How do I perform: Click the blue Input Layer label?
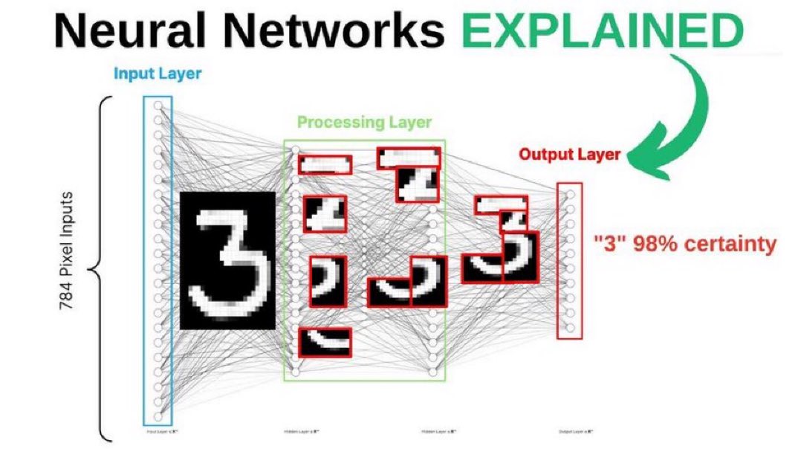(x=158, y=74)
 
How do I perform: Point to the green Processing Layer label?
(x=364, y=122)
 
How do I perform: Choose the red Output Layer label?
(x=569, y=155)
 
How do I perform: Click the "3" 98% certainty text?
(x=684, y=244)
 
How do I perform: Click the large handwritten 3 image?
(x=227, y=259)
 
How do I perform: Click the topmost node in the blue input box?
(x=158, y=106)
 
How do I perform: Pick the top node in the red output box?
(x=570, y=195)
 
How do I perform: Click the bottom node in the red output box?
(x=570, y=327)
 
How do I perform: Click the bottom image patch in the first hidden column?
(x=324, y=341)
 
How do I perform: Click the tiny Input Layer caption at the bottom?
(x=157, y=431)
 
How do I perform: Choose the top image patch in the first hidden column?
(x=324, y=164)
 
